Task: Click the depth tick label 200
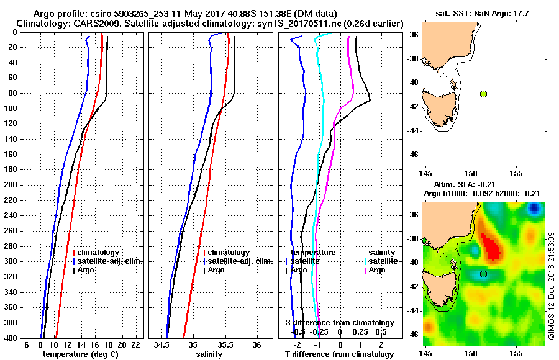point(11,185)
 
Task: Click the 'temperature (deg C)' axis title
point(80,354)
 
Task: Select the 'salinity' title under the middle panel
point(209,354)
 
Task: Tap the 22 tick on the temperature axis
point(135,344)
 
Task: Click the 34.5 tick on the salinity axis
point(162,344)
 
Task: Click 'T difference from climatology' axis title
point(339,354)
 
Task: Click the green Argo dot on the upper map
point(483,94)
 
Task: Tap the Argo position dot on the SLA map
point(483,274)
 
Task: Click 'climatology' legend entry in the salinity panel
point(229,253)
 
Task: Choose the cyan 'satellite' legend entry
point(383,261)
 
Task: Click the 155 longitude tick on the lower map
point(516,353)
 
